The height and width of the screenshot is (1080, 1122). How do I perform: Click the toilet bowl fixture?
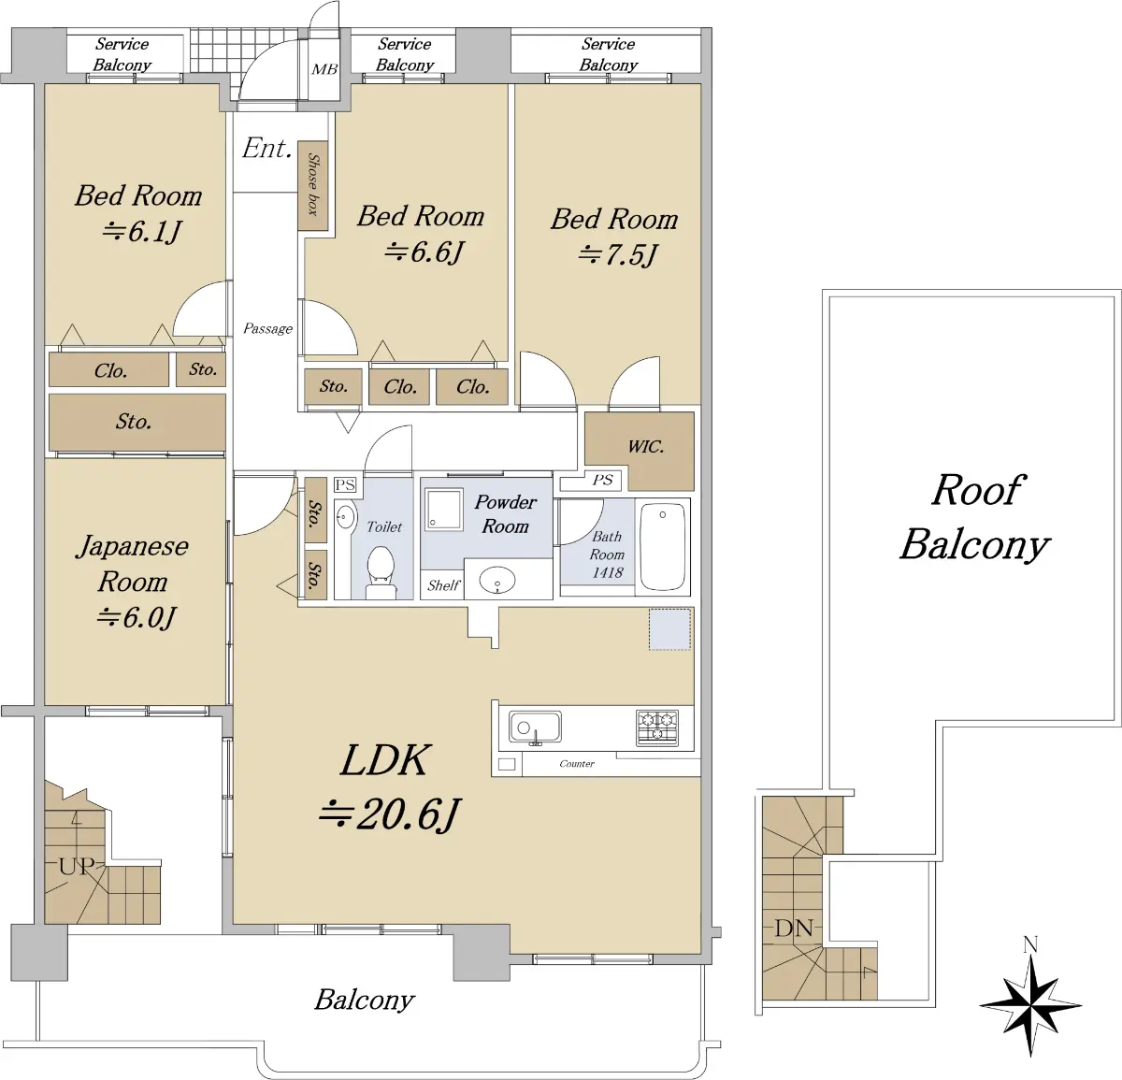(x=381, y=571)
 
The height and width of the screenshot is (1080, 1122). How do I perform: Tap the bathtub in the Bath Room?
(x=663, y=547)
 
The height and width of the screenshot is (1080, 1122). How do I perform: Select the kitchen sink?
(x=535, y=727)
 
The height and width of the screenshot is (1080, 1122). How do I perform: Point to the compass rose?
(x=1030, y=1005)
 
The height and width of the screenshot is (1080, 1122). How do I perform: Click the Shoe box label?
(x=313, y=184)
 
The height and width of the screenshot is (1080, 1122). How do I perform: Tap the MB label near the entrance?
(x=324, y=70)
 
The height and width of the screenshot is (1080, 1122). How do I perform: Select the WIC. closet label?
(x=646, y=446)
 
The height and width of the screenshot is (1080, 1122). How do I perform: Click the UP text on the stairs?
(x=76, y=866)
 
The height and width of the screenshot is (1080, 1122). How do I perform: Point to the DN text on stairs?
(x=794, y=928)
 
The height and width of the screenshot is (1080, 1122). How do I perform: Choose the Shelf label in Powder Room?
(x=443, y=585)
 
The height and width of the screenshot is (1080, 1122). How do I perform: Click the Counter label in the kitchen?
(x=577, y=763)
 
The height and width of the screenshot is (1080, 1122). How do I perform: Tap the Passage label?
(x=267, y=328)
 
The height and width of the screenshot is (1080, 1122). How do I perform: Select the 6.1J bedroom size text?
(x=142, y=232)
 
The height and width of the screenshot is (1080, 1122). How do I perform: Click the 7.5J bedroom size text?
(x=617, y=254)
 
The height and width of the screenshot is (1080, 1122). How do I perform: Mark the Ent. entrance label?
(x=266, y=148)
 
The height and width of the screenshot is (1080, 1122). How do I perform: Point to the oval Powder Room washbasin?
(x=497, y=580)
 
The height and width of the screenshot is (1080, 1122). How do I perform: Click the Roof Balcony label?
(x=975, y=517)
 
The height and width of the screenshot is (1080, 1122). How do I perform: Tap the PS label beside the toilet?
(x=345, y=484)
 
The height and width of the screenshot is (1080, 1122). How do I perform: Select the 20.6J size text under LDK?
(x=390, y=814)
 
